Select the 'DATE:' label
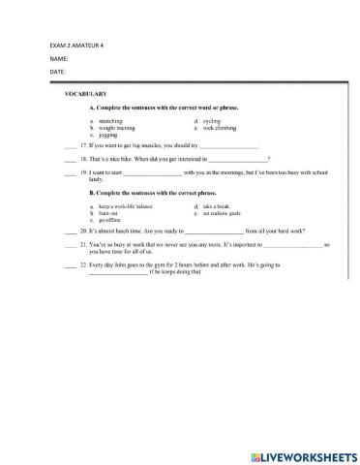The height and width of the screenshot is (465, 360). (x=56, y=73)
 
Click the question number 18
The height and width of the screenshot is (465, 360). (x=84, y=158)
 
